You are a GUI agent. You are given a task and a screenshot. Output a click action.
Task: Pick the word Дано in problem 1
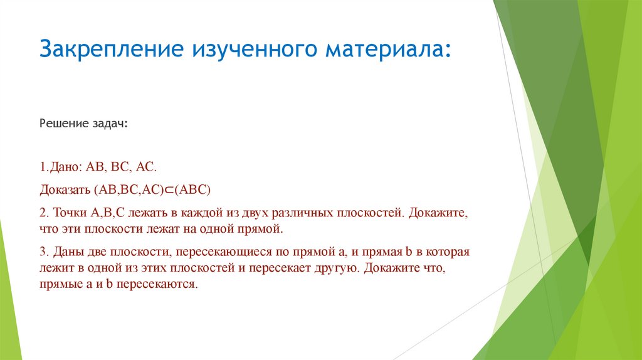tap(66, 167)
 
